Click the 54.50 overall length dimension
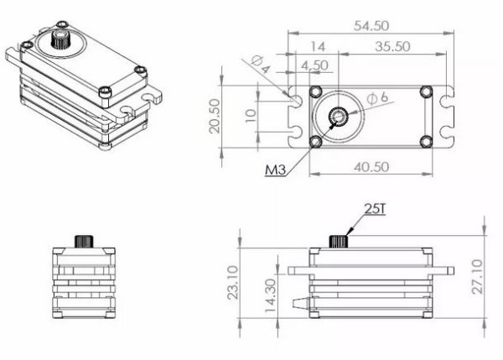click(370, 26)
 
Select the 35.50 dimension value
click(392, 46)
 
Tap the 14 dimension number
click(318, 46)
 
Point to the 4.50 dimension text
click(315, 65)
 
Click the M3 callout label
click(276, 170)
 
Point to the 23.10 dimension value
click(234, 283)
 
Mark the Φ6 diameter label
click(378, 98)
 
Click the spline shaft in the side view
click(338, 240)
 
